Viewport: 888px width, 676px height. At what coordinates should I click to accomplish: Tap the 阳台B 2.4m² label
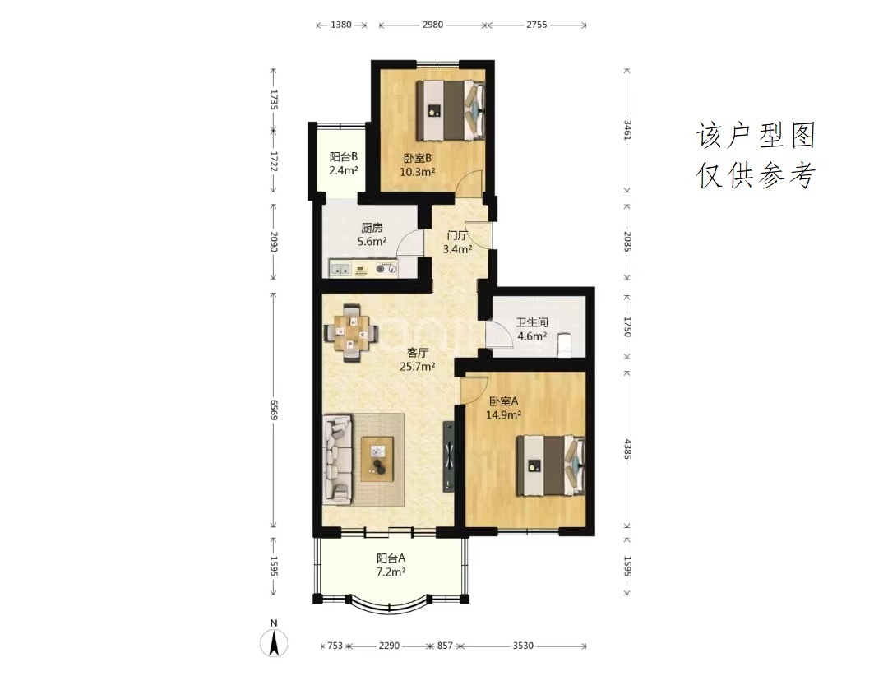pos(344,163)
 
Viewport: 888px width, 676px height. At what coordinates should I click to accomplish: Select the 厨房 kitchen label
pos(372,234)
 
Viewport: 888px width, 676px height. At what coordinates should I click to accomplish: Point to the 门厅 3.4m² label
pos(457,242)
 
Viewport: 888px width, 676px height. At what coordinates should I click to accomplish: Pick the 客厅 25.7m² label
pos(418,359)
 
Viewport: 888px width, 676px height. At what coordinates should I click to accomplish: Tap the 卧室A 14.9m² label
pos(503,408)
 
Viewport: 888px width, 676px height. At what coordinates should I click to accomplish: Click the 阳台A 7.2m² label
pos(391,565)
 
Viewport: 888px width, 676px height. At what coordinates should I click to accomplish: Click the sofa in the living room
pos(338,459)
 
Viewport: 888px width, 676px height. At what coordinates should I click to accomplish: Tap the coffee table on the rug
pos(377,459)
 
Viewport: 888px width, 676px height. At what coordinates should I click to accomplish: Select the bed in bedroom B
pos(451,110)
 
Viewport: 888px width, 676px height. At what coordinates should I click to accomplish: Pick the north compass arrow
pos(274,643)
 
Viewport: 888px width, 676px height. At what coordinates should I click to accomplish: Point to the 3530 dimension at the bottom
pos(523,646)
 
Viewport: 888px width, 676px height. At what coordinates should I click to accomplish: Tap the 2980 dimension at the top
pos(432,25)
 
